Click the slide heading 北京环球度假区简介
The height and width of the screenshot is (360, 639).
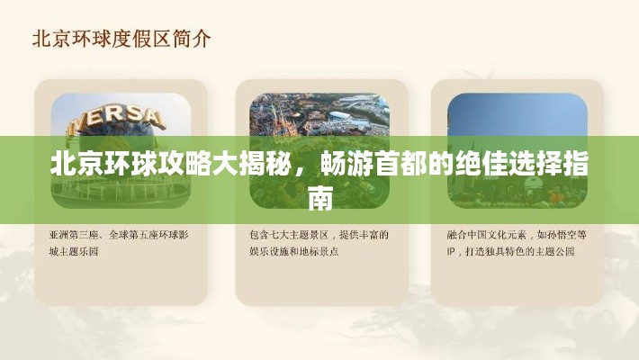coord(121,40)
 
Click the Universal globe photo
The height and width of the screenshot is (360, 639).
coord(121,150)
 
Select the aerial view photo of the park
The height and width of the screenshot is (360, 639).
coord(319,150)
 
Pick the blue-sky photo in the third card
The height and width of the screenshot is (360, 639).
coord(517,150)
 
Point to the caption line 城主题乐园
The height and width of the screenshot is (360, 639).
coord(74,252)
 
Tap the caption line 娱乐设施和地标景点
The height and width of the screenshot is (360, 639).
coord(293,252)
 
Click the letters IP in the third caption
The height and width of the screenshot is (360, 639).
coord(451,252)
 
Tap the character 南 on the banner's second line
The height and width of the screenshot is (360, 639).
coord(319,199)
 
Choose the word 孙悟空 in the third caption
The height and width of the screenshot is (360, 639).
coord(562,235)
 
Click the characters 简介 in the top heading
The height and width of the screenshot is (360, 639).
coord(192,40)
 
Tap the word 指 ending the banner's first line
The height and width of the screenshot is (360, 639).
coord(575,165)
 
